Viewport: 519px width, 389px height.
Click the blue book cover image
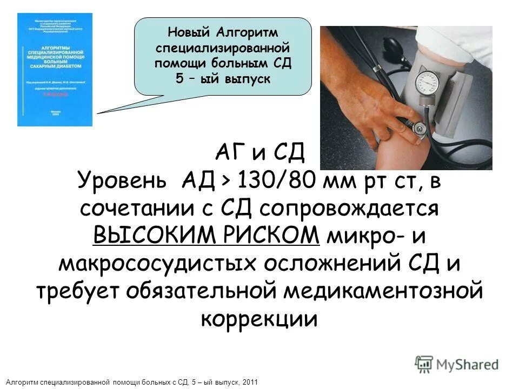tap(55, 70)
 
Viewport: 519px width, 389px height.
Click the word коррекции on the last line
tap(259, 318)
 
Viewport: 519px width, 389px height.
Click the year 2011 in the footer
tap(249, 383)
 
